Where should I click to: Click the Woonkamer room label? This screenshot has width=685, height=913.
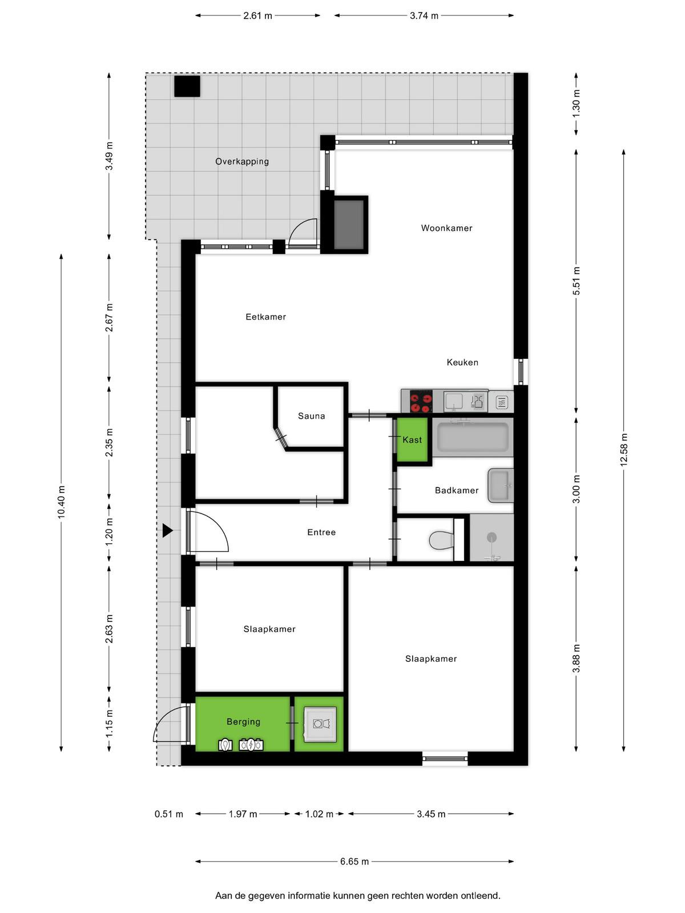coord(446,228)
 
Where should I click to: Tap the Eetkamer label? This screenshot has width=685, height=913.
coord(266,317)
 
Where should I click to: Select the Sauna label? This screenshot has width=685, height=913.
coord(311,415)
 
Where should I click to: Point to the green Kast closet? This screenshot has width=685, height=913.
coord(412,439)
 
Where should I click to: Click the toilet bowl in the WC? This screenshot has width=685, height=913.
coord(441,539)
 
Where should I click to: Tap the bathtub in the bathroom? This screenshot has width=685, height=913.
coord(473,437)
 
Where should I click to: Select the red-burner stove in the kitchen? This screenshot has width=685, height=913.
coord(421,401)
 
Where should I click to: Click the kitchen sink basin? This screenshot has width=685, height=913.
coord(454,401)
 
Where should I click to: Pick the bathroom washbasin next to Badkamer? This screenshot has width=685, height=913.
coord(501,486)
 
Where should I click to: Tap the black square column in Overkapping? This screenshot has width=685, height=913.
coord(187,86)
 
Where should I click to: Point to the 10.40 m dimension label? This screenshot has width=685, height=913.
coord(61,502)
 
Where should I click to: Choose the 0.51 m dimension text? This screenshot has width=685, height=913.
coord(168,814)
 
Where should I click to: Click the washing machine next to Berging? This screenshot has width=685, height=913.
coord(319,724)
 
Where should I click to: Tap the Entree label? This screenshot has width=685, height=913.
coord(321,532)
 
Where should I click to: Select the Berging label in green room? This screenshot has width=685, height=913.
coord(243,722)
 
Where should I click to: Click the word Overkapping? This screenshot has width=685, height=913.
coord(242,161)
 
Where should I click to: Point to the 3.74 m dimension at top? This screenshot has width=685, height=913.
coord(424,16)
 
